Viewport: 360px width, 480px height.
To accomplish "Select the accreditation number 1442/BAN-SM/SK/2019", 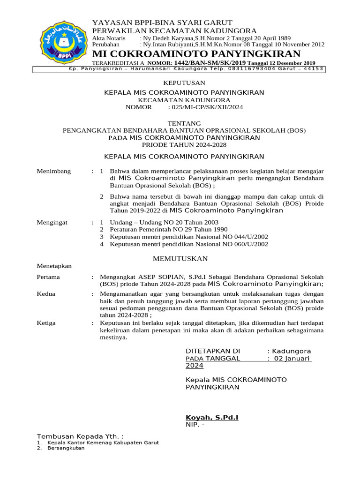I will point(210,63).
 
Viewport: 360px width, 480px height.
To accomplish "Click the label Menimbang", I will point(54,171).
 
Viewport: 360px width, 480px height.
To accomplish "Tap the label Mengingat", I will point(52,222).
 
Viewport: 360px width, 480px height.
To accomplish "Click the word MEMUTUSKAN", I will point(181,259).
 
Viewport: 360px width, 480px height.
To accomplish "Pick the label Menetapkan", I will point(54,266).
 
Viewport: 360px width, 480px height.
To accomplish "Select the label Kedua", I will point(46,294).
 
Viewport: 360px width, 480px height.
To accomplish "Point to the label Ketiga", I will point(46,323).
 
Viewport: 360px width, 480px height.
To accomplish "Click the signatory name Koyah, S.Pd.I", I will point(212,417).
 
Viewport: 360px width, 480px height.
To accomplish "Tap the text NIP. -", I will point(195,425).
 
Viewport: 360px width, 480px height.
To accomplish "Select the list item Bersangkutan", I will point(63,448).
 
